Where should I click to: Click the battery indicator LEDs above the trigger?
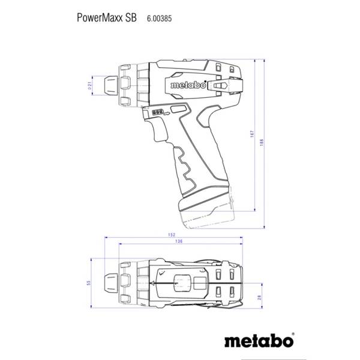pos(158,112)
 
